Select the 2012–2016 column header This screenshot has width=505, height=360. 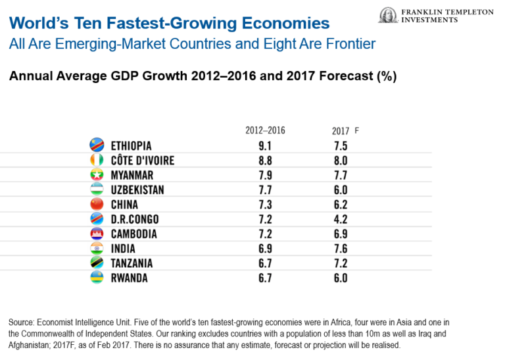click(265, 130)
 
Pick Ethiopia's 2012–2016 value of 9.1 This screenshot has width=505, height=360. click(266, 145)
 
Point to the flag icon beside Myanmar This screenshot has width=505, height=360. click(96, 175)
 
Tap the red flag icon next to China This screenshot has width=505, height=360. click(96, 205)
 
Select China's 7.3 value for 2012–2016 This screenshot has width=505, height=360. click(266, 205)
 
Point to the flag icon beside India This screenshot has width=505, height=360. click(96, 249)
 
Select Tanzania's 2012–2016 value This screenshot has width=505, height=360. click(266, 263)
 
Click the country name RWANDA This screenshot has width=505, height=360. click(130, 278)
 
